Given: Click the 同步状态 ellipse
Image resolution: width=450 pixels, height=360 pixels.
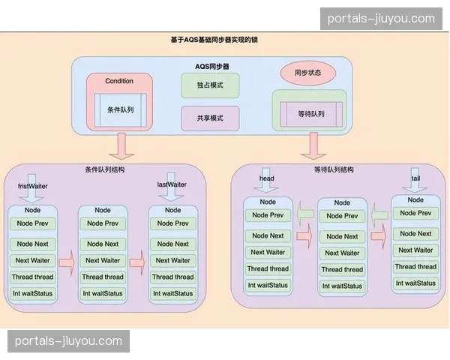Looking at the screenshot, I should pos(307,73).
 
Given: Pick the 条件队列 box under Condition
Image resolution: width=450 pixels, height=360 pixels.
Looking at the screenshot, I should pos(119,110).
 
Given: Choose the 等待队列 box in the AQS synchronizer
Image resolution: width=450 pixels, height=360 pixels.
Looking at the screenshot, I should pos(310,113).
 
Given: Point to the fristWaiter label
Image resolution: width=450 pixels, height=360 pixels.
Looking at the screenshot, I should pos(34,184).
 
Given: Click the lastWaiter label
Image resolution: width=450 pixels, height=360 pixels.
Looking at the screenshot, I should pos(172,184).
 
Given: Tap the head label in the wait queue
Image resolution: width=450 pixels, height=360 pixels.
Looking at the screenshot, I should pos(266,178).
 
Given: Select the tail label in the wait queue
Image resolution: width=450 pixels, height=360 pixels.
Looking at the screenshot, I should pos(415,178).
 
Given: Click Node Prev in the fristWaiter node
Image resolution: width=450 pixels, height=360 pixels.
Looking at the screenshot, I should pos(33,223).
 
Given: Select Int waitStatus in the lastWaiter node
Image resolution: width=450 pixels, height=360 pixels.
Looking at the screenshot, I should pos(172,292).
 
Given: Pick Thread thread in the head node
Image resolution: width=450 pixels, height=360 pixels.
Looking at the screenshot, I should pos(268,268).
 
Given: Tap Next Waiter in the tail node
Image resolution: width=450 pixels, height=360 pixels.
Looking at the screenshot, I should pos(415,250).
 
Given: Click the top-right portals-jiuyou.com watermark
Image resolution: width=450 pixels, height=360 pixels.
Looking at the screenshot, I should pos(382,19).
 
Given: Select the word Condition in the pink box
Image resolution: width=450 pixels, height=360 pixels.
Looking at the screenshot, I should pos(119,81).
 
